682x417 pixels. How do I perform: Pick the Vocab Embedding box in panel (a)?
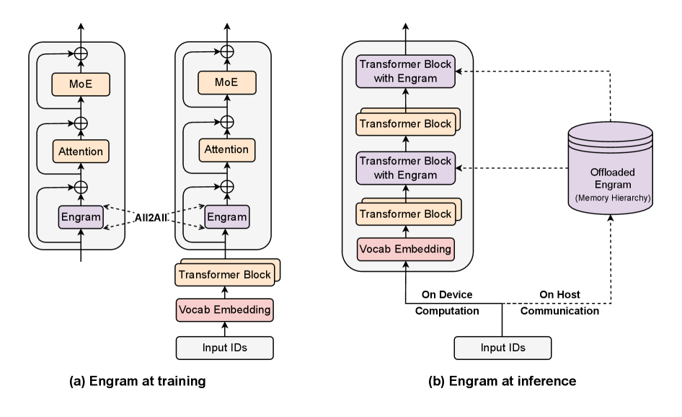point(226,310)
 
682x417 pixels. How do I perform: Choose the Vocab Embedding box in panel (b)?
point(406,249)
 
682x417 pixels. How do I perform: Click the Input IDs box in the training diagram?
point(226,348)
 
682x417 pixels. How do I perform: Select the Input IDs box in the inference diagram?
point(502,347)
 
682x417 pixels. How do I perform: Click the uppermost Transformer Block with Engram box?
point(407,71)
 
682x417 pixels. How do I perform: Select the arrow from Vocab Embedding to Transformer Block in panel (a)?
point(226,292)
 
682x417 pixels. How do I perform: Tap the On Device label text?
point(448,295)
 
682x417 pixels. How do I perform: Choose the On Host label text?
point(559,295)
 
